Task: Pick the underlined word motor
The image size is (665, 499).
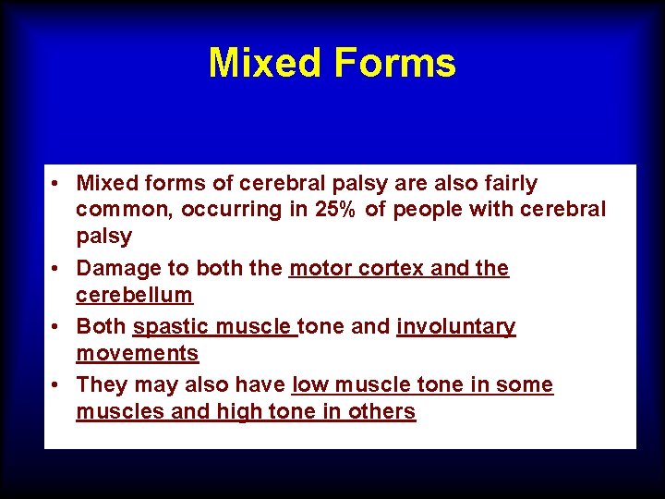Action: (318, 269)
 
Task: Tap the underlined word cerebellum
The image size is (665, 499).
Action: (134, 296)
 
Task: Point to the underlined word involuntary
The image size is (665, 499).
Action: (455, 327)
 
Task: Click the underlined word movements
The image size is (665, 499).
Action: (137, 354)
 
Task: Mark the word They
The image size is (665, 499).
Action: (103, 385)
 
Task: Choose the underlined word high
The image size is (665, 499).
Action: (236, 412)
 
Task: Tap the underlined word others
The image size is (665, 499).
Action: (381, 412)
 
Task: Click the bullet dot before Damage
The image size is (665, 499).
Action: (57, 270)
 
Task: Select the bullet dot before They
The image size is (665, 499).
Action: (57, 386)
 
